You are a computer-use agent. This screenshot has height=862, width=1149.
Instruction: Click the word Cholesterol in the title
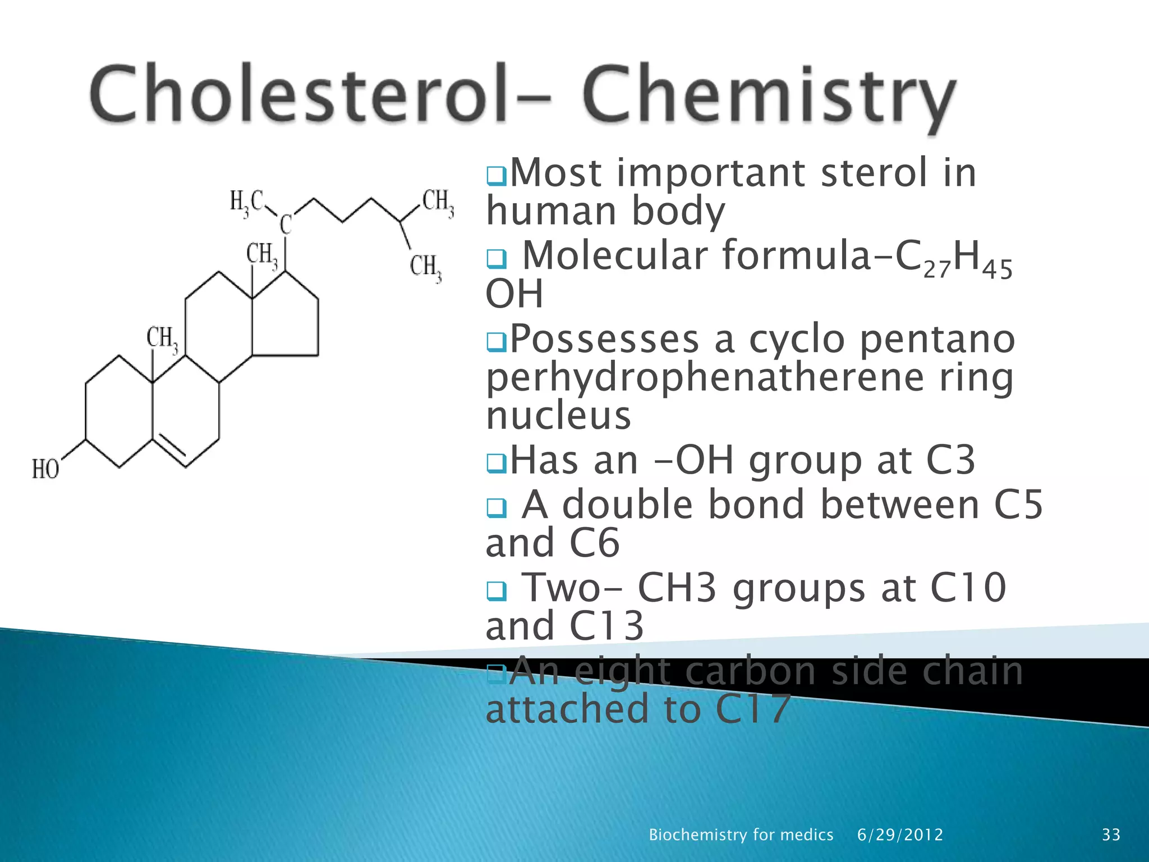coord(297,94)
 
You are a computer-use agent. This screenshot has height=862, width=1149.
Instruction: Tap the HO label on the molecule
coord(45,469)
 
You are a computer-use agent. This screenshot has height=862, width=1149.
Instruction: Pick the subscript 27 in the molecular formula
coord(937,270)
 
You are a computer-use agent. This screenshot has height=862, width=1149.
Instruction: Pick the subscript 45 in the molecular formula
coord(998,270)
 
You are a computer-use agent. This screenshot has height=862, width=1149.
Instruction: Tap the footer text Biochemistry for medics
coord(741,835)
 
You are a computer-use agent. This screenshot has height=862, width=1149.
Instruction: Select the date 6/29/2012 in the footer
coord(900,835)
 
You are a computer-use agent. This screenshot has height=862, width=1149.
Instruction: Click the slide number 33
coord(1111,835)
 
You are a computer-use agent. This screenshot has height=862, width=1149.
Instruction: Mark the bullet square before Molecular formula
coord(496,259)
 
